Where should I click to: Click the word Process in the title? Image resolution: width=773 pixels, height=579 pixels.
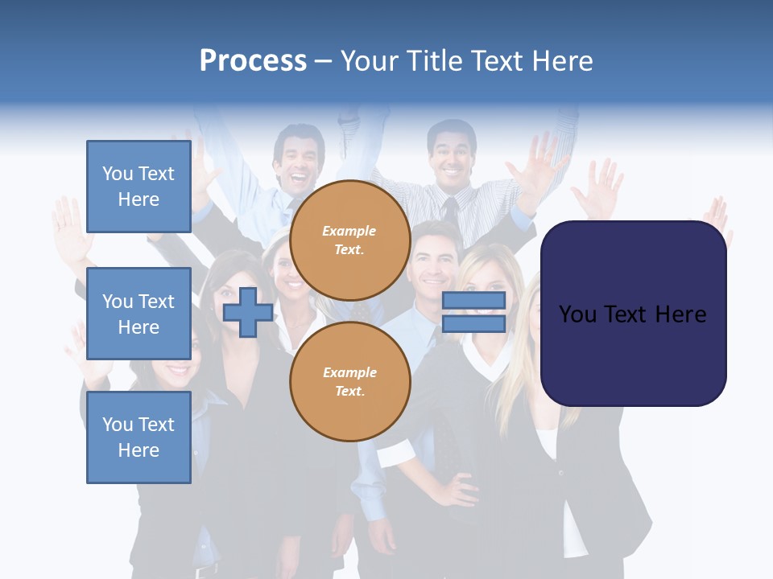coord(253,61)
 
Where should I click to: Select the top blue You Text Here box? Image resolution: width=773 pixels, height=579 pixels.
coord(138,187)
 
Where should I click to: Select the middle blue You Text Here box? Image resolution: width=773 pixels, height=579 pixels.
coord(138,314)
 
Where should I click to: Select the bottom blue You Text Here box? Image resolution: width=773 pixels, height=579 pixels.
coord(138,437)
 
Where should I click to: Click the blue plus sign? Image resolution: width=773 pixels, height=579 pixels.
coord(248,312)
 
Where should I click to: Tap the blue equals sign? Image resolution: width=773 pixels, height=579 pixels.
coord(473,312)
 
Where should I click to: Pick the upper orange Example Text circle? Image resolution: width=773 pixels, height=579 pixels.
coord(349,240)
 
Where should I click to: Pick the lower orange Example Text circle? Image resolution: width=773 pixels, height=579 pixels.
coord(349,382)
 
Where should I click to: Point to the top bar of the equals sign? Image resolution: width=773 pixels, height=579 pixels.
coord(473,301)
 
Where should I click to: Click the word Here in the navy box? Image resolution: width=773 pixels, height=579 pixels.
coord(681,314)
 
